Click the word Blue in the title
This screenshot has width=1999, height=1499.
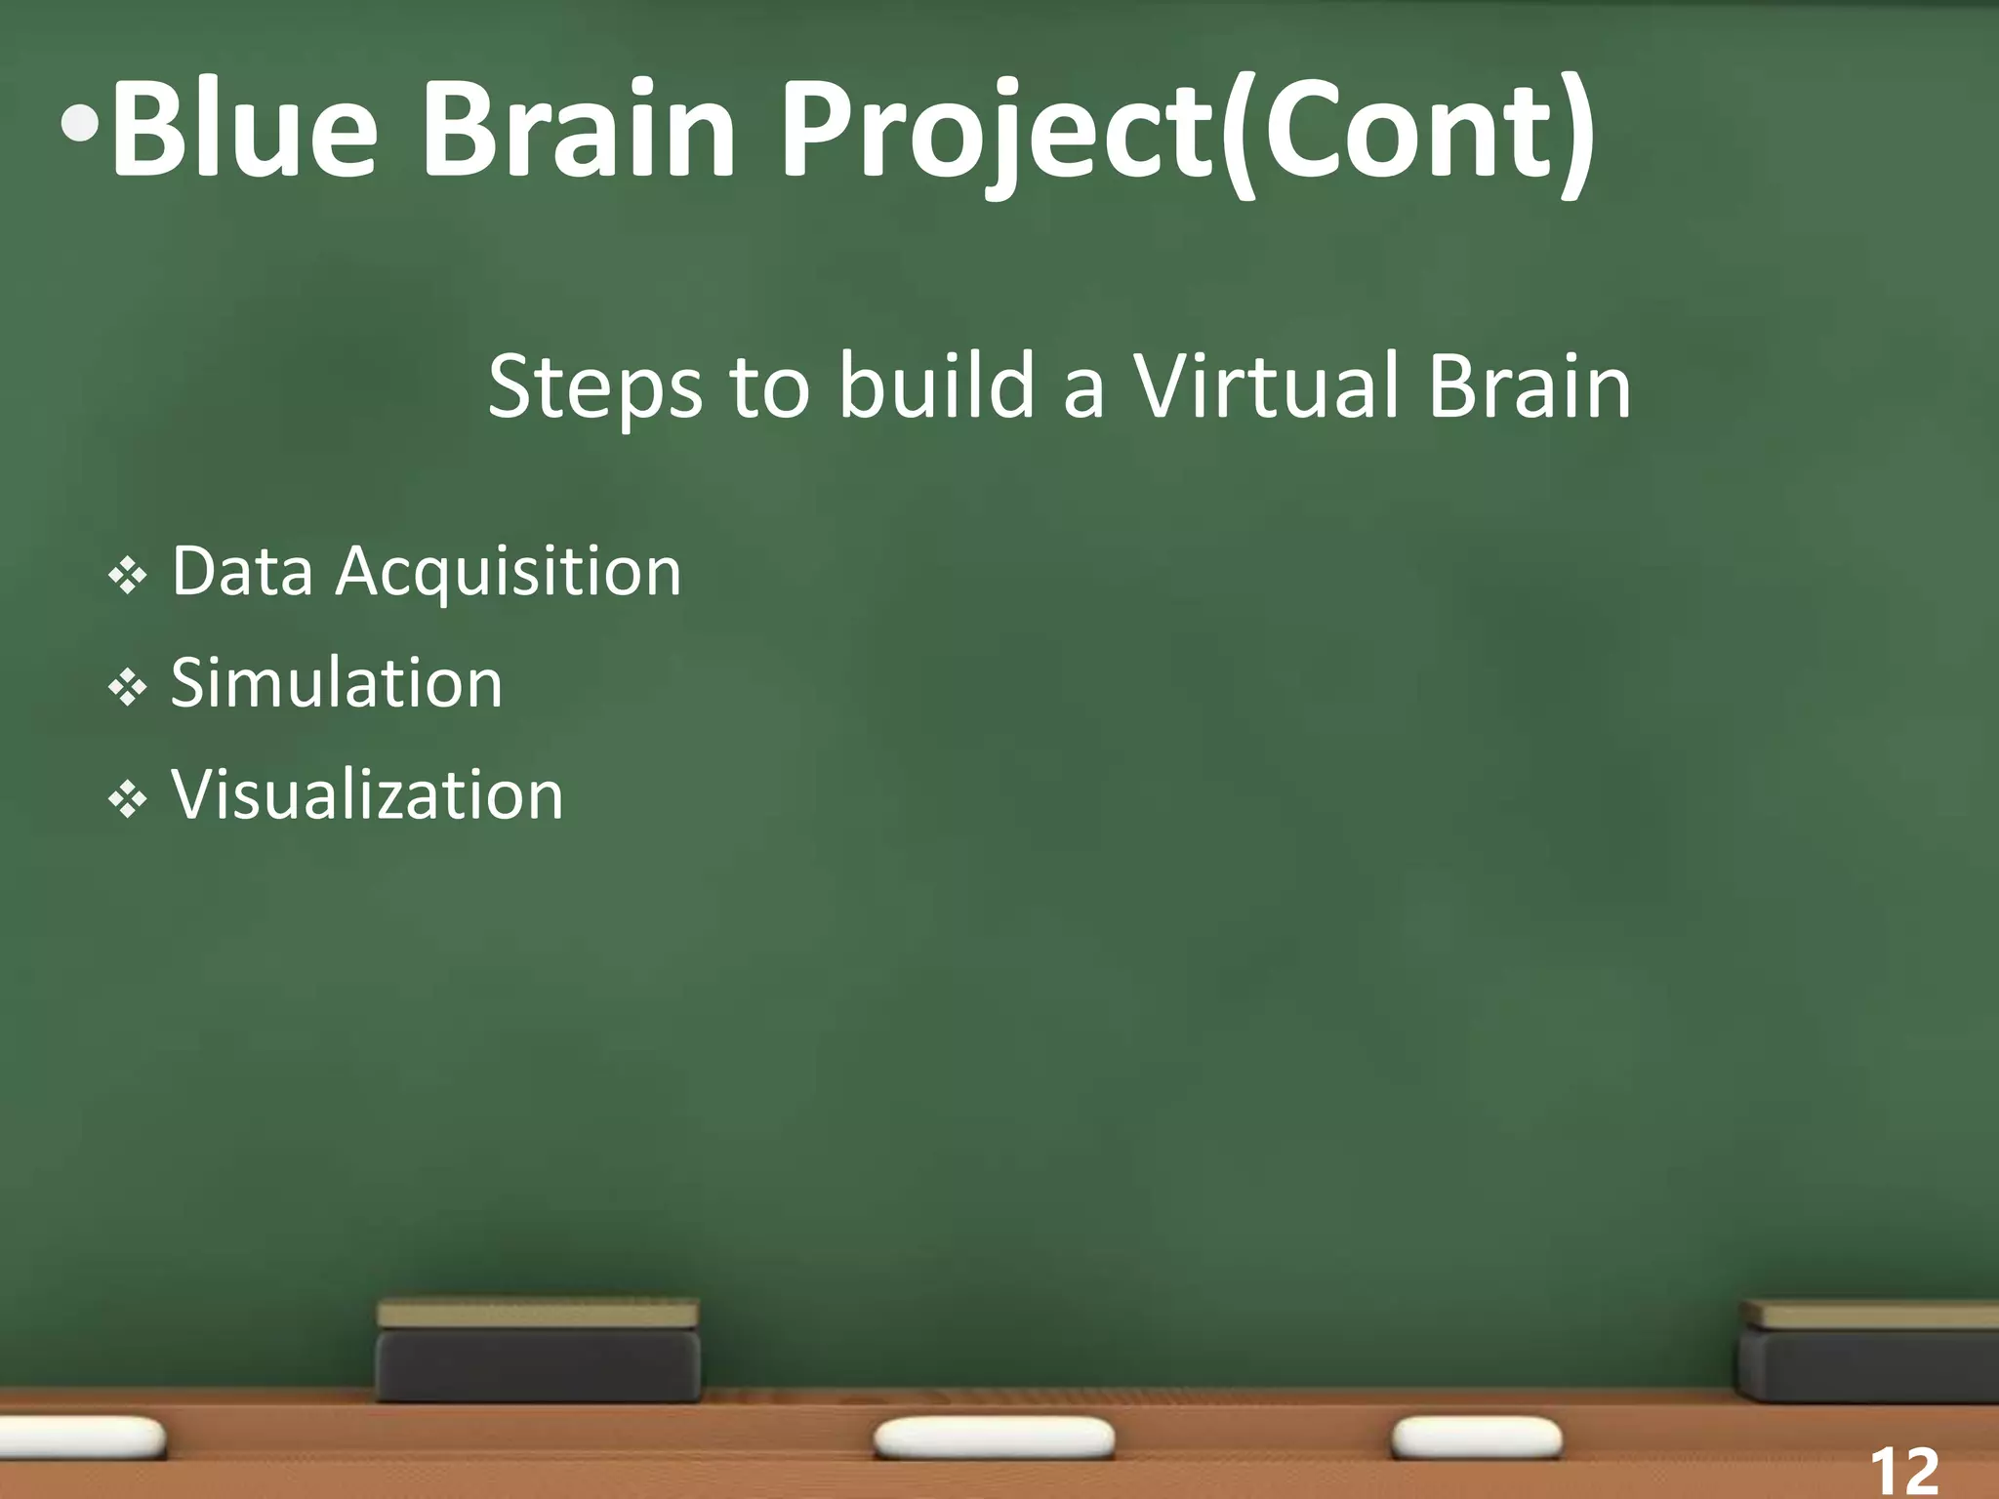click(244, 132)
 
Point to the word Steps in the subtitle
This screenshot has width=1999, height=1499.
click(594, 388)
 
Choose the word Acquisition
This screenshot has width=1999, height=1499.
click(509, 574)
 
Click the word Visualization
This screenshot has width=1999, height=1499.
click(367, 794)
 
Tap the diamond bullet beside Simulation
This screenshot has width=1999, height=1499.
click(128, 688)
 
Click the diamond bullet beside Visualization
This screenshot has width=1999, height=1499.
click(128, 800)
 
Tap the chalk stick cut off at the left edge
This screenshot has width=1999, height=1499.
click(83, 1438)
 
